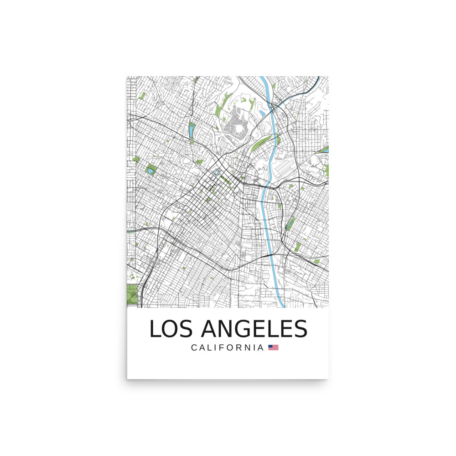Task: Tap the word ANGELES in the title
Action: [254, 329]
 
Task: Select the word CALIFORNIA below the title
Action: [227, 347]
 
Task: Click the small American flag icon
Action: [273, 347]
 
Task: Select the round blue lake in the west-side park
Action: [150, 171]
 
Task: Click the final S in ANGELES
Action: [300, 329]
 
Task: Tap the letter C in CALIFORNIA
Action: [194, 347]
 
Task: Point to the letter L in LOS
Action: [155, 329]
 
